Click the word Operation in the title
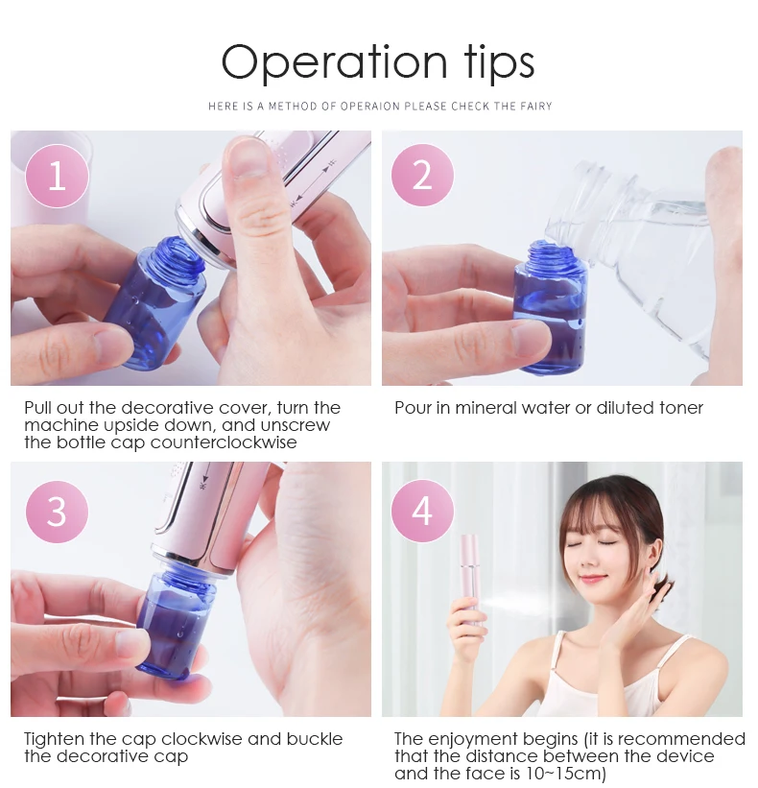tap(334, 62)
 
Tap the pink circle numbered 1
tap(57, 176)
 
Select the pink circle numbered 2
tap(422, 175)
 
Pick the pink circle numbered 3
tap(57, 512)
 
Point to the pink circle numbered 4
tap(422, 511)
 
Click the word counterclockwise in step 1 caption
tap(224, 442)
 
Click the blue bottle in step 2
tap(551, 306)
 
